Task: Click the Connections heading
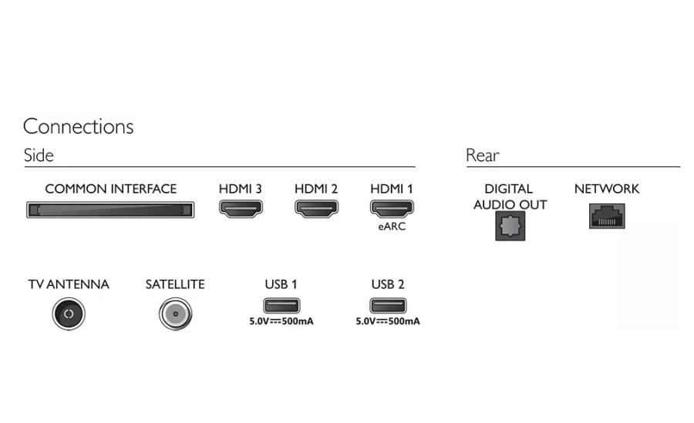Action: pyautogui.click(x=78, y=126)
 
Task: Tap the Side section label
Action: pyautogui.click(x=39, y=156)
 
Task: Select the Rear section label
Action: pyautogui.click(x=482, y=156)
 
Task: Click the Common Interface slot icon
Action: pyautogui.click(x=109, y=210)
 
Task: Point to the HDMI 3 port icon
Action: pyautogui.click(x=241, y=208)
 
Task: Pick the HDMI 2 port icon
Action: pyautogui.click(x=316, y=208)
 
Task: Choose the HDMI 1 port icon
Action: pyautogui.click(x=392, y=208)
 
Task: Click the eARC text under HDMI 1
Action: pyautogui.click(x=392, y=227)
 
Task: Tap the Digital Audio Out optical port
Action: pyautogui.click(x=510, y=226)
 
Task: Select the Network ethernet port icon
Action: pyautogui.click(x=607, y=217)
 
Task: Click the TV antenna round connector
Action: pyautogui.click(x=68, y=314)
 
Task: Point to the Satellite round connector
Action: pyautogui.click(x=175, y=314)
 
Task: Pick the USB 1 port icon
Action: pyautogui.click(x=281, y=304)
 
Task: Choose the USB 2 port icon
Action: pyautogui.click(x=387, y=304)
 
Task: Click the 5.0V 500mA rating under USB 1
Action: pyautogui.click(x=281, y=321)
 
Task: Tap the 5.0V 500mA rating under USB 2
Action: pyautogui.click(x=387, y=321)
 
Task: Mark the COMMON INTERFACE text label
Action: pyautogui.click(x=110, y=189)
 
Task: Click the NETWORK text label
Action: pyautogui.click(x=607, y=189)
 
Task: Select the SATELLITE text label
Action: pyautogui.click(x=175, y=284)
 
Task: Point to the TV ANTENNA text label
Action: pyautogui.click(x=69, y=284)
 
